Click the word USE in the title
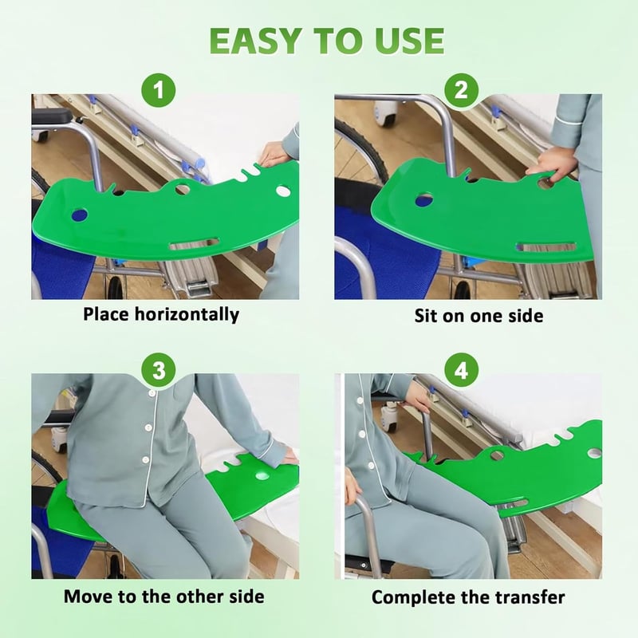(410, 41)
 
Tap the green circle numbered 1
(159, 90)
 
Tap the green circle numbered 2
(461, 90)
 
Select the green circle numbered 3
(159, 370)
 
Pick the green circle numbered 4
(461, 370)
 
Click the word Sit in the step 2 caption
(425, 316)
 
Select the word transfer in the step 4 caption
(530, 597)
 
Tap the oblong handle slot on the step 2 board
(546, 246)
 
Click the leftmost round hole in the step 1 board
(79, 215)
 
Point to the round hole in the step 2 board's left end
(424, 199)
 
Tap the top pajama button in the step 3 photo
(152, 393)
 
